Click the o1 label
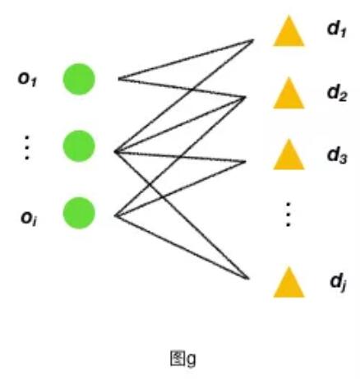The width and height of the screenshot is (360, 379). pyautogui.click(x=27, y=80)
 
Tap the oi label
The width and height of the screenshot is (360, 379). pyautogui.click(x=29, y=218)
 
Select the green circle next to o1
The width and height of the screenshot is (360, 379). pyautogui.click(x=79, y=79)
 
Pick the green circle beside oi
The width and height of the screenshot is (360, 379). pyautogui.click(x=79, y=213)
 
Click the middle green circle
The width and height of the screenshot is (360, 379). pyautogui.click(x=79, y=146)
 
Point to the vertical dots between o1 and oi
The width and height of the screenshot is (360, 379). pyautogui.click(x=27, y=147)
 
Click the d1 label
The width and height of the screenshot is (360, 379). pyautogui.click(x=337, y=29)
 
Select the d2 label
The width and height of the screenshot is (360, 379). pyautogui.click(x=337, y=93)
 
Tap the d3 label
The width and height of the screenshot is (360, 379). pyautogui.click(x=337, y=155)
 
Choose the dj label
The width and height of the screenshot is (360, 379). pyautogui.click(x=338, y=282)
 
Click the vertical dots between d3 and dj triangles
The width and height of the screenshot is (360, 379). pyautogui.click(x=288, y=215)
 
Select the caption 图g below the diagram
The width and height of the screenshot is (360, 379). pyautogui.click(x=183, y=358)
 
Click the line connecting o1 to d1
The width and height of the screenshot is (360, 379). pyautogui.click(x=186, y=59)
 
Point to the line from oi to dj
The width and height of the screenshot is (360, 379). pyautogui.click(x=182, y=247)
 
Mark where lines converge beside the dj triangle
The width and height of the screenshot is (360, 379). pyautogui.click(x=248, y=279)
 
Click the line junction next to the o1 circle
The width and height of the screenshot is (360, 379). pyautogui.click(x=118, y=79)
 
